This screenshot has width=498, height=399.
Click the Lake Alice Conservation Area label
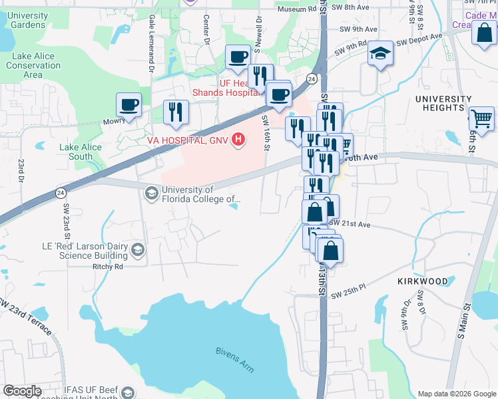[x=33, y=65]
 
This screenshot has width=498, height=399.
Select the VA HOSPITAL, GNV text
[x=188, y=140]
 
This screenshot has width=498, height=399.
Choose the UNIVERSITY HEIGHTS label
[x=439, y=103]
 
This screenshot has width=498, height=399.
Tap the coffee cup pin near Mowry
[x=128, y=104]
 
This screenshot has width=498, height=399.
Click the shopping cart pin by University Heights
[x=481, y=119]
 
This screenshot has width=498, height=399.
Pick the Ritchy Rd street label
[x=108, y=267]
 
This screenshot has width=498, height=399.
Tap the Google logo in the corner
[x=21, y=391]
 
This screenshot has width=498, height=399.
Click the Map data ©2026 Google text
[x=456, y=394]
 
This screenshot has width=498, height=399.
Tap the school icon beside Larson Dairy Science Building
[x=138, y=250]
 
